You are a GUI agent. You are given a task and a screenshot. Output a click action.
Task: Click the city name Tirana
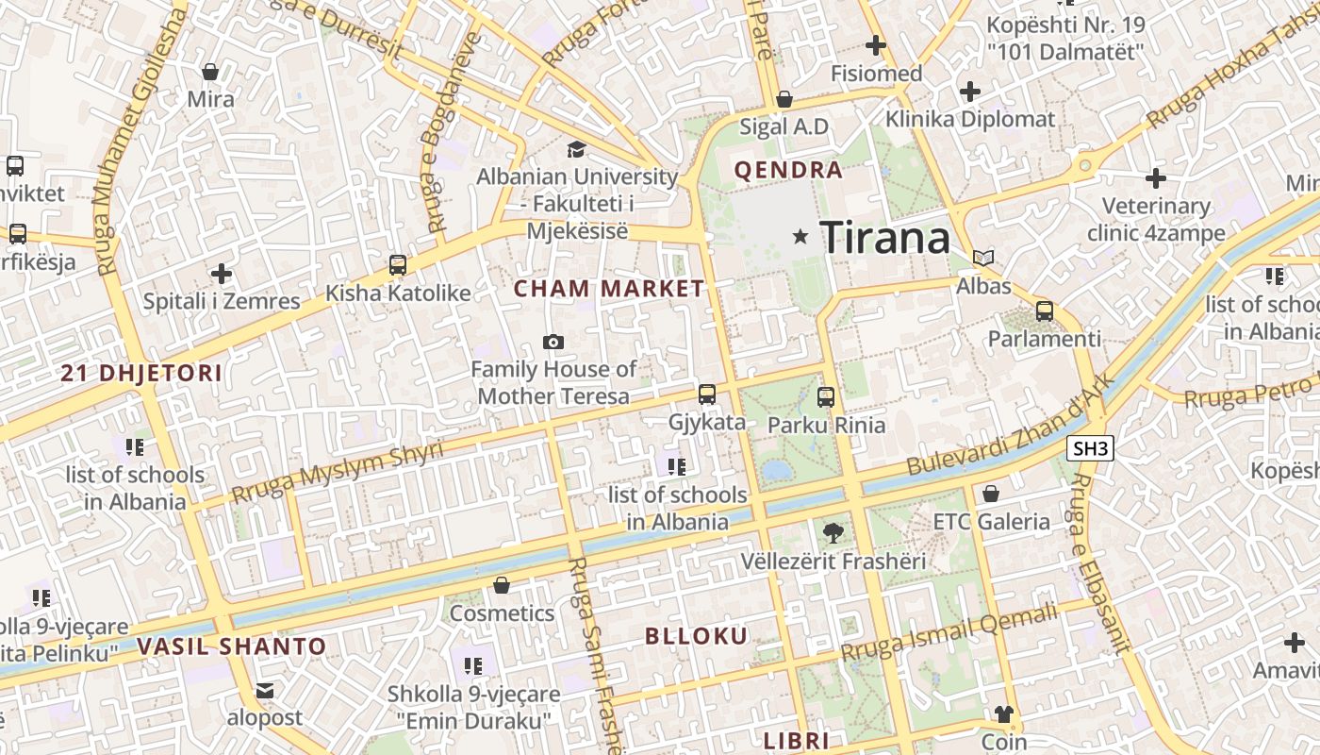(x=884, y=237)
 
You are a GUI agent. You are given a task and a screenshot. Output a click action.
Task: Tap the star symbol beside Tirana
(x=800, y=237)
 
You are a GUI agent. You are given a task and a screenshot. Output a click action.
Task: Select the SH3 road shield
(x=1091, y=448)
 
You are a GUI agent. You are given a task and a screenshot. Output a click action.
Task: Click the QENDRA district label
(x=788, y=171)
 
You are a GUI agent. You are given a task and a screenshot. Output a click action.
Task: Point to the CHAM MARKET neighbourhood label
(x=609, y=289)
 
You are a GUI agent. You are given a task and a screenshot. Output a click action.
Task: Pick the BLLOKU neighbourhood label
(x=696, y=636)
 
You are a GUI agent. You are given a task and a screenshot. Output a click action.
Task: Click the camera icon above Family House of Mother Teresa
(x=553, y=342)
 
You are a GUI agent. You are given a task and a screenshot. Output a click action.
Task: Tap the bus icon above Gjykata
(x=707, y=394)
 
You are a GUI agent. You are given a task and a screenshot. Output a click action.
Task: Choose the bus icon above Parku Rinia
(x=826, y=397)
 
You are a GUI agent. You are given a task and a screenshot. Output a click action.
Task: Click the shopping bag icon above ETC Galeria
(x=990, y=494)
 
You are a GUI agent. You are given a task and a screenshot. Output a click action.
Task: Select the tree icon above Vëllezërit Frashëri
(x=833, y=533)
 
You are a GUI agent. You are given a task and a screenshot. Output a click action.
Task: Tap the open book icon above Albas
(x=983, y=258)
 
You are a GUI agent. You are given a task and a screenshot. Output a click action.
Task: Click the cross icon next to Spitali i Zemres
(x=222, y=275)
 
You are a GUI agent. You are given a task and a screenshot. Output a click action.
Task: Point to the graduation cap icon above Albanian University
(x=576, y=149)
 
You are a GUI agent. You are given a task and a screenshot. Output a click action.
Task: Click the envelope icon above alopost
(x=265, y=691)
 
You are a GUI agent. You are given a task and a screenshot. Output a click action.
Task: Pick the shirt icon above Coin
(x=1002, y=714)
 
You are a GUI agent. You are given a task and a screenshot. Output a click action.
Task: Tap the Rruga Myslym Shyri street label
(x=337, y=472)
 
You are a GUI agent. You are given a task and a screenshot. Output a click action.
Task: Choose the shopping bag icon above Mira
(x=210, y=72)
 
